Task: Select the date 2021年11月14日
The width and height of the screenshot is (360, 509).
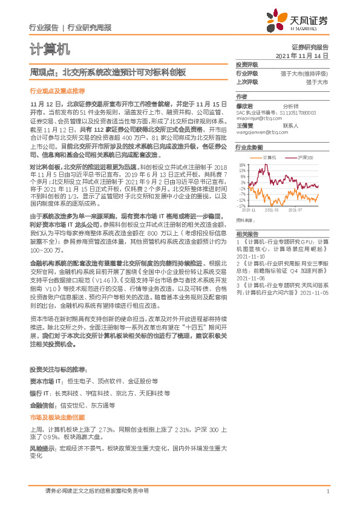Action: click(302, 55)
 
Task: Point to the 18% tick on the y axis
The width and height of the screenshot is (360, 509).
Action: click(242, 164)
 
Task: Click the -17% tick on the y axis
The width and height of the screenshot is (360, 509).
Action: click(241, 206)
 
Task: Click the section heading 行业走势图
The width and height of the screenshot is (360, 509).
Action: click(249, 147)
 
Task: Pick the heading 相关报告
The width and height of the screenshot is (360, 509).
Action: click(247, 233)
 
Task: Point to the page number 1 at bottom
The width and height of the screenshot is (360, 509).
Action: click(327, 492)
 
